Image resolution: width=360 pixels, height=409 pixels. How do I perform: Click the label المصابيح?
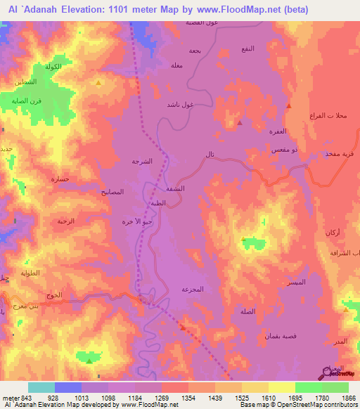tap(112, 191)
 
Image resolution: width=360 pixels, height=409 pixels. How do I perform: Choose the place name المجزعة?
tap(192, 289)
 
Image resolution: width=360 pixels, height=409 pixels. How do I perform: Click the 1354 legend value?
tap(188, 398)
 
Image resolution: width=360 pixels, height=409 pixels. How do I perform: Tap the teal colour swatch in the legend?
tap(41, 387)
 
